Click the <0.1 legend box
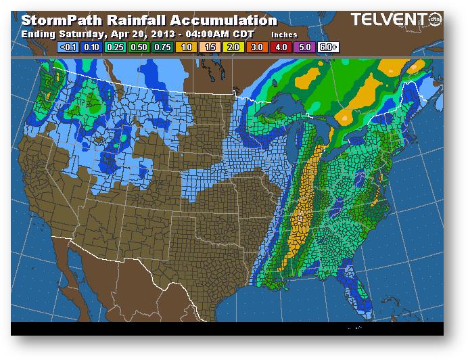(68, 47)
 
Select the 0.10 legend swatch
(91, 47)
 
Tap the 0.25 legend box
(115, 47)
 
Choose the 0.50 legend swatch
(139, 47)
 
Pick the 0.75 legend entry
(163, 47)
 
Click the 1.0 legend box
(187, 47)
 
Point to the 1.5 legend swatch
(210, 47)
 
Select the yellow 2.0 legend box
(234, 47)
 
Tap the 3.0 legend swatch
(258, 47)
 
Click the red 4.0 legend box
(281, 47)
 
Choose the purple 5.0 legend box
(305, 47)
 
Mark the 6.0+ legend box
(329, 47)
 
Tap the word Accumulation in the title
(220, 21)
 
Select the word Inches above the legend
(284, 33)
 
